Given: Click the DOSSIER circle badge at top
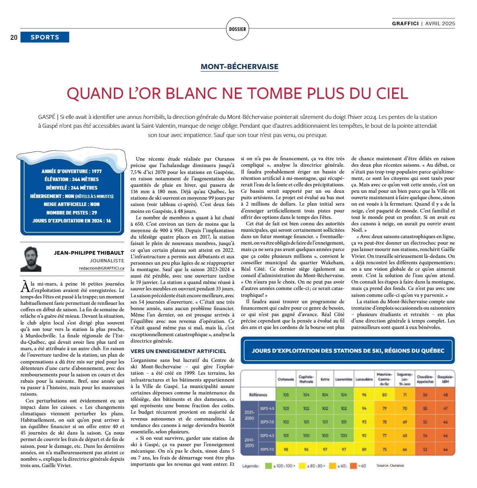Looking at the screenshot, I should coord(237,29).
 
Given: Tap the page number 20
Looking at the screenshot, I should coord(14,37).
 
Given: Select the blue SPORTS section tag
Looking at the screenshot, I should coord(45,37).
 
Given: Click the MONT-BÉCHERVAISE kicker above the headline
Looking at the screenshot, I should coord(239,67).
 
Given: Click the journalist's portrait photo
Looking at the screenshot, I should coord(31,259).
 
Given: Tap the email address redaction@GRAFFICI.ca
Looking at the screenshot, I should coord(102,268).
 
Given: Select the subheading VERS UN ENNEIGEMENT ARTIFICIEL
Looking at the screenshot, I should coord(178,351).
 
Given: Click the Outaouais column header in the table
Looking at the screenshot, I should coord(286,379).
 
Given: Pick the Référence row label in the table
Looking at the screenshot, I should coord(258,395).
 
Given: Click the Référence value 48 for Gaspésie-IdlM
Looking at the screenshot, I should coord(445,395).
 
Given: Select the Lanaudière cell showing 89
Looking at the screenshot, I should coord(364,449).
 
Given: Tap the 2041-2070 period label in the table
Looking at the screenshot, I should coord(249,443).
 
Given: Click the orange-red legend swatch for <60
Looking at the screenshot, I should coord(353,466).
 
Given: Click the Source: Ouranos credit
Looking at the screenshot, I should coord(390,466).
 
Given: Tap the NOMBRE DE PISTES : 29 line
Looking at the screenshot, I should coord(71,212).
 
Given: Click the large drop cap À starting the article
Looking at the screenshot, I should coord(25,287).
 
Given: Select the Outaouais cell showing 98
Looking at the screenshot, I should coord(286,449).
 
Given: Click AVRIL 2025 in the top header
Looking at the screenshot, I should coord(440,23).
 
